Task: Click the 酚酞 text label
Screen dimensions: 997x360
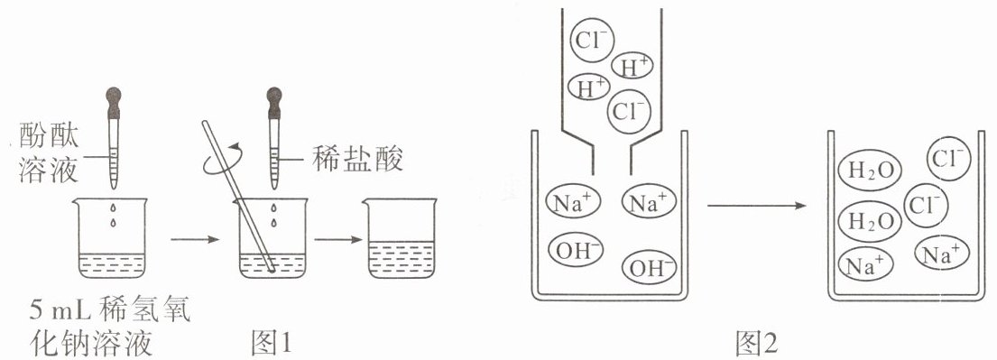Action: pos(49,135)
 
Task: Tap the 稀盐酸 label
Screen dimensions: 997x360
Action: pos(357,158)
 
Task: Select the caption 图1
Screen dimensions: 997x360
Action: pos(271,343)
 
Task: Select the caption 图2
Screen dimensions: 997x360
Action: pos(757,344)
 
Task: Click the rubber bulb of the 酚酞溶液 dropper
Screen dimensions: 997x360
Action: pos(114,102)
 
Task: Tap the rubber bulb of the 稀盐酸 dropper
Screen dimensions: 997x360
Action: pos(274,102)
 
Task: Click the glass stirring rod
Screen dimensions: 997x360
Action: pos(238,197)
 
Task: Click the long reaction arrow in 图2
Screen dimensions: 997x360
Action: pos(757,206)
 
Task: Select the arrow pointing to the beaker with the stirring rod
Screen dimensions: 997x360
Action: pos(195,240)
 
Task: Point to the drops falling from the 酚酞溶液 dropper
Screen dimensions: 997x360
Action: pos(114,215)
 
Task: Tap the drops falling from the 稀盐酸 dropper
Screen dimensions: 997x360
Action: pos(274,215)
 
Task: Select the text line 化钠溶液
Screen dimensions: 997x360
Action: pos(91,344)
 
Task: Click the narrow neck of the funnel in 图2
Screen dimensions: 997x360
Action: pos(612,158)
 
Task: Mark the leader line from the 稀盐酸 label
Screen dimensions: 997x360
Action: pos(293,158)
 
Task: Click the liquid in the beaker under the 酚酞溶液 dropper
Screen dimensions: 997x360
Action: pos(114,265)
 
